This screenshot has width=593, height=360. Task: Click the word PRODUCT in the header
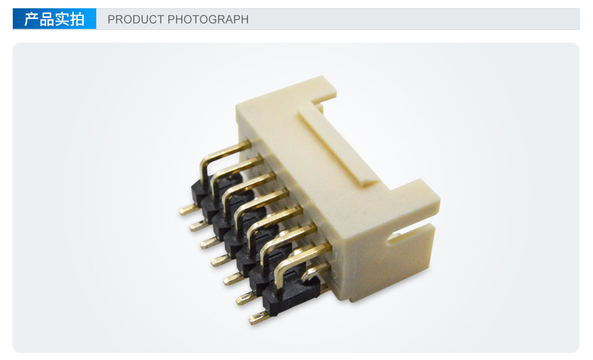[x=136, y=19]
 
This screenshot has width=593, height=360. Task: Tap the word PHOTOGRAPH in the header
[x=208, y=19]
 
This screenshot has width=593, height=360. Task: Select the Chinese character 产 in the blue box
[x=31, y=19]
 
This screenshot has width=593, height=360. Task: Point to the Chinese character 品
[x=47, y=19]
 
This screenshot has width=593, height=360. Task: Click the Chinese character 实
[x=62, y=19]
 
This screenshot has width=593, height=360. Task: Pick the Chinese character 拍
[x=77, y=19]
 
